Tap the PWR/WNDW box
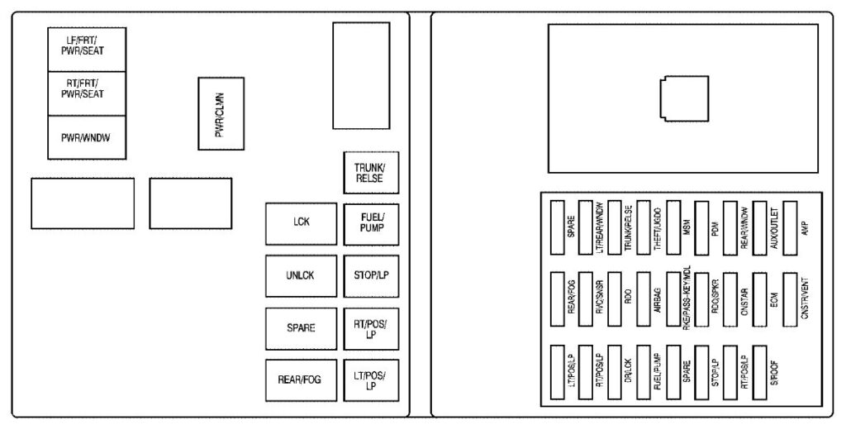point(87,137)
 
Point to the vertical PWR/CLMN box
point(221,113)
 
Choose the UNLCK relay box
point(301,276)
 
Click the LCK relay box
point(301,223)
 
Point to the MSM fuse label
point(687,223)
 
